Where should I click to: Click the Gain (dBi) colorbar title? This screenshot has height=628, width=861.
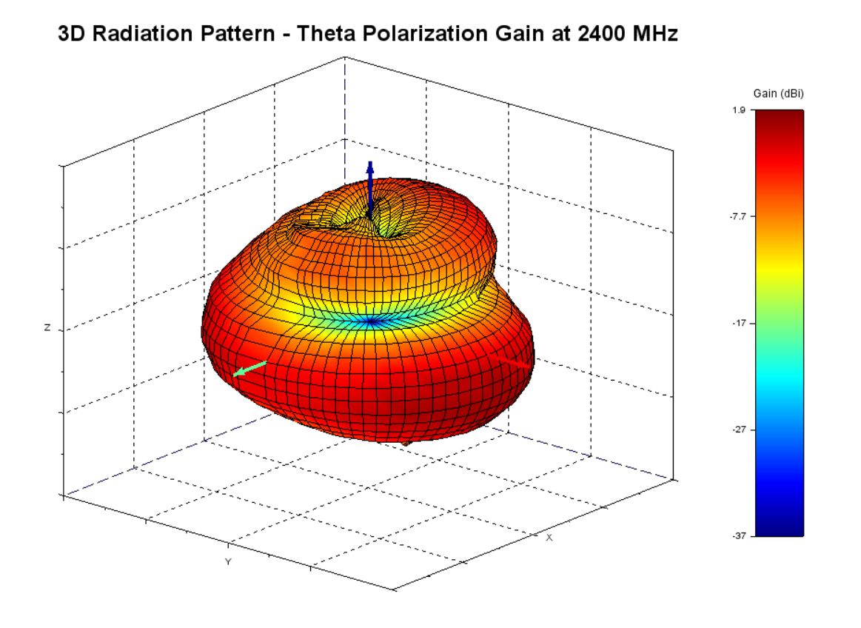point(778,93)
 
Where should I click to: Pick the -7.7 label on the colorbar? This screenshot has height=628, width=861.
point(738,216)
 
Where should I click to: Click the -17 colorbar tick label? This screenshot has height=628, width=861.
point(740,323)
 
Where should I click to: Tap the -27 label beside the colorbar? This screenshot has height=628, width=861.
point(740,430)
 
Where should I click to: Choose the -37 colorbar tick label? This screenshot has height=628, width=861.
point(740,535)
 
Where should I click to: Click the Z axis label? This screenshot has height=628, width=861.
point(48,328)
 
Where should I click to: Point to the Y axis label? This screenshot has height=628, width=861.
point(228,562)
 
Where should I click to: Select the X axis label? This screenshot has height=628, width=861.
point(549,538)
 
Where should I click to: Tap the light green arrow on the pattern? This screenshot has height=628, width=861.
point(249,368)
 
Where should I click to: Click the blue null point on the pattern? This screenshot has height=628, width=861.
point(371,321)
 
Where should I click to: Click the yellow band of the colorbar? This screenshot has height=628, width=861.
point(778,271)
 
